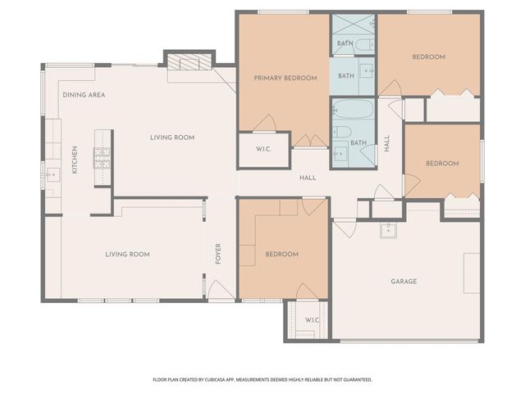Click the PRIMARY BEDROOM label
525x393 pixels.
click(x=285, y=78)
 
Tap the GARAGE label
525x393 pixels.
click(x=404, y=281)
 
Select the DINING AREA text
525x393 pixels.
click(x=84, y=95)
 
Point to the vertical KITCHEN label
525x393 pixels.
click(x=75, y=159)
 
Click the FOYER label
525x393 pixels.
click(x=218, y=254)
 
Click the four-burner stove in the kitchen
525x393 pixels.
click(x=103, y=157)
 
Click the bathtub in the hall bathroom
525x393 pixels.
click(x=353, y=110)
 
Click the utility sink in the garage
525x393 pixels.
click(x=389, y=230)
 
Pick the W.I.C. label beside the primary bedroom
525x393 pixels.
click(x=263, y=149)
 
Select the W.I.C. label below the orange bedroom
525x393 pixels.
click(x=312, y=319)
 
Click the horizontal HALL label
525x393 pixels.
click(x=308, y=178)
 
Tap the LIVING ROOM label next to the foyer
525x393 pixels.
click(x=127, y=255)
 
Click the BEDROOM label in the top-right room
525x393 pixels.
click(x=428, y=56)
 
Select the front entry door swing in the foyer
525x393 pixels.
click(x=216, y=289)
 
